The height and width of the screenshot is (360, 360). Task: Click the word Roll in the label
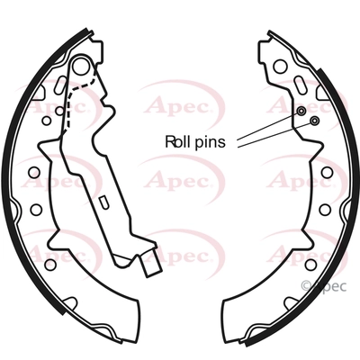pos(177,141)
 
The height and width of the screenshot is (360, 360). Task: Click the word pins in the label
pos(210,142)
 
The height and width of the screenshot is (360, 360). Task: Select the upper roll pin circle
pos(301,112)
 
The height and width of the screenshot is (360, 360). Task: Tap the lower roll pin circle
pos(314,121)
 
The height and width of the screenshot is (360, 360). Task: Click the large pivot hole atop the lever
pos(82,66)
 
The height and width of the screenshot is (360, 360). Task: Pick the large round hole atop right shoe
pos(281,67)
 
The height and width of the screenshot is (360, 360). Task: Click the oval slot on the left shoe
pos(59,84)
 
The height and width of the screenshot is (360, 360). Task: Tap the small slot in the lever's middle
pos(103,202)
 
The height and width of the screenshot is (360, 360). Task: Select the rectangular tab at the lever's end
pos(152,263)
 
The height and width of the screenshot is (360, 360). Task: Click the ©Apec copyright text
pos(324,286)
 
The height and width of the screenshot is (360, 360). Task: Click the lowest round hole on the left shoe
pos(50,265)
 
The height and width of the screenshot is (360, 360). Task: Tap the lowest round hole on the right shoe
pos(311,265)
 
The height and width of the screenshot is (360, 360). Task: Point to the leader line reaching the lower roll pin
pos(274,134)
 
